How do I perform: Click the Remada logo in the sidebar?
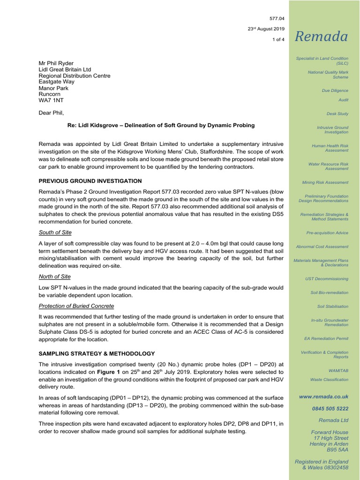tap(321, 37)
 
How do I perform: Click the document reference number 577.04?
tap(277, 18)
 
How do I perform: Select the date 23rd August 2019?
tap(266, 29)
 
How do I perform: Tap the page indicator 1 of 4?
tap(278, 40)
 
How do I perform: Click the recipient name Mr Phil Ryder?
tap(56, 63)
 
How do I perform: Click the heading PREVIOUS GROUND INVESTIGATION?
tap(90, 181)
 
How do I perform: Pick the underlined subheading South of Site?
tap(55, 232)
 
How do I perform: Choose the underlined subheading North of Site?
tap(54, 277)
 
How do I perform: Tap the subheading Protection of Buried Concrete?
tap(76, 306)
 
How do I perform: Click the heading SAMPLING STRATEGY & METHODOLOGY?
tap(96, 353)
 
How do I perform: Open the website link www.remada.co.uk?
tap(323, 397)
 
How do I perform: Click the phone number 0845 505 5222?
tap(330, 408)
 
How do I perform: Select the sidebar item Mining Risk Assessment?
tap(325, 182)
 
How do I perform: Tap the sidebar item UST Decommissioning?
tap(327, 279)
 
